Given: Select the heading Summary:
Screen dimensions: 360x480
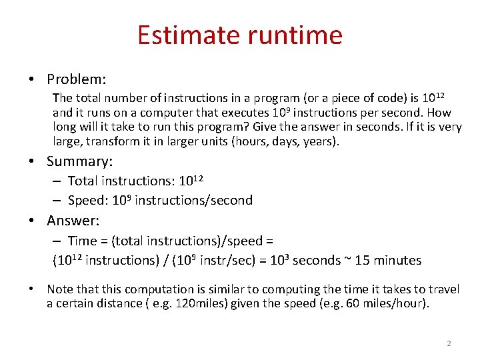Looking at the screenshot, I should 80,161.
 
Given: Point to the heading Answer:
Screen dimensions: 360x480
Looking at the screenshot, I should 73,221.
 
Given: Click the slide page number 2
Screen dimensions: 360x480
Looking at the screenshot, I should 449,343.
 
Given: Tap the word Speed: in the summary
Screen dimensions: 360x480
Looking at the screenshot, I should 87,200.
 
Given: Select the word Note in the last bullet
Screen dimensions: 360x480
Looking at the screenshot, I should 59,289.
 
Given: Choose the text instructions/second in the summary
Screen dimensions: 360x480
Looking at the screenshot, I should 193,200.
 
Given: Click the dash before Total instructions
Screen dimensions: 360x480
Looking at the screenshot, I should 57,181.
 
